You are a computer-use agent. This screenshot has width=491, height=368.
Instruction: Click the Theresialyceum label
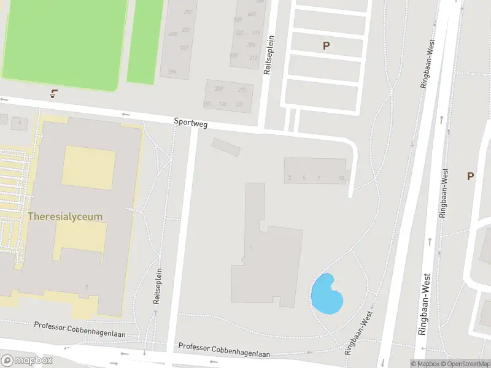coord(64,217)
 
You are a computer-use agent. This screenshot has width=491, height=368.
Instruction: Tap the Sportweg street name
coord(190,123)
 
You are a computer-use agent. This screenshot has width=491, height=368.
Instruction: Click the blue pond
coord(326,294)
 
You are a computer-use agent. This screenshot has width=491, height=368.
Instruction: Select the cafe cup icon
coord(54,94)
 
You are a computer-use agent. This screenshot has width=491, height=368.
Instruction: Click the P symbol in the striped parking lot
coord(326,45)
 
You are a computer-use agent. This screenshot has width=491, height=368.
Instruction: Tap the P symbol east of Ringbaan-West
coord(470,177)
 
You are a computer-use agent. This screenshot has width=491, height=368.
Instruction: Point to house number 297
coord(188,13)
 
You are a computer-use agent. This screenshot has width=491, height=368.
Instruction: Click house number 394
coord(172,72)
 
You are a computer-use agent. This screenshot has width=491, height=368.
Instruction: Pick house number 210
coord(242,90)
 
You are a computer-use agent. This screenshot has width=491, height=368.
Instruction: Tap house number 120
coord(222,104)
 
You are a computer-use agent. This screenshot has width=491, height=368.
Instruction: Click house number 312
coord(253,58)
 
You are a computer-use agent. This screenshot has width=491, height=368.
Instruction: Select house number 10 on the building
coord(341,178)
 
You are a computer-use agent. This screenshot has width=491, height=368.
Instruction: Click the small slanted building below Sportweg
coord(226,147)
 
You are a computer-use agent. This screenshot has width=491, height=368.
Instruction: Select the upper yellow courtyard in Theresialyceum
coord(88,167)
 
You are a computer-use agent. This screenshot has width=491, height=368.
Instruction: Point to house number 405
coord(172,34)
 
